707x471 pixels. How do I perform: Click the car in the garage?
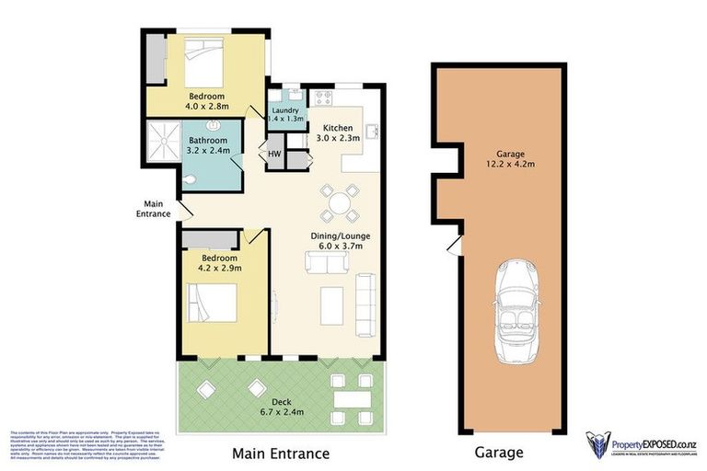click(x=515, y=313)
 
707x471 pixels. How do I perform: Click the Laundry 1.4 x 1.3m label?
click(x=285, y=115)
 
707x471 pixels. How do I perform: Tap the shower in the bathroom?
click(x=163, y=142)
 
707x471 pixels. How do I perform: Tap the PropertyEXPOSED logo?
click(x=642, y=443)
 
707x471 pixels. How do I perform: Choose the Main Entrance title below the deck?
click(x=280, y=453)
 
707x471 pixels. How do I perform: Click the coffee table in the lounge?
click(x=332, y=305)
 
